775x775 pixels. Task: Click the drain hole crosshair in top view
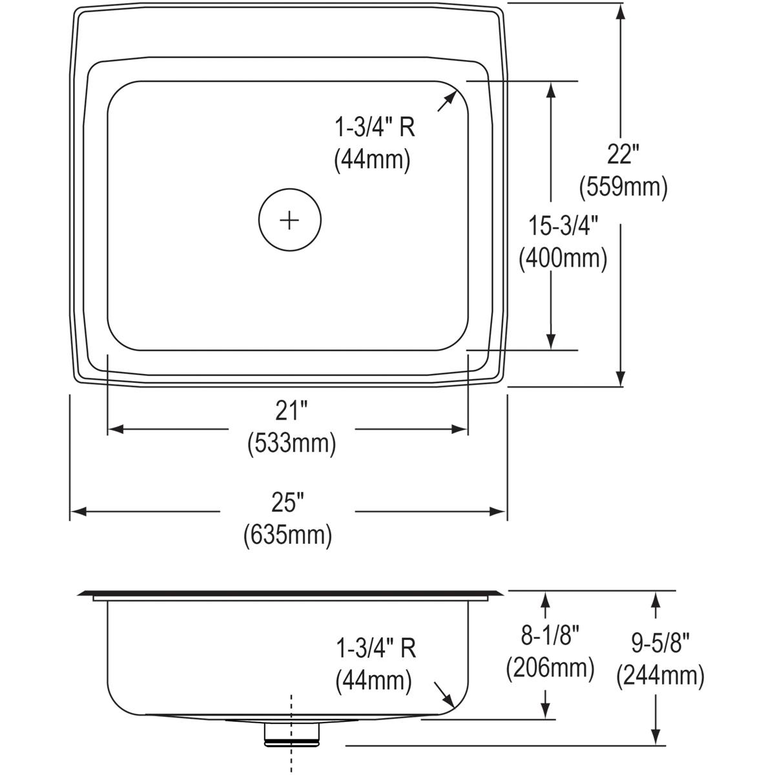coord(289,220)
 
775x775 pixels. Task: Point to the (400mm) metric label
coord(563,258)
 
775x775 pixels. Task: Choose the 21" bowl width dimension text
coord(291,411)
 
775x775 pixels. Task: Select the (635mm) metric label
coord(288,535)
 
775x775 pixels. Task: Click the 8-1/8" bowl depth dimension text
coord(550,637)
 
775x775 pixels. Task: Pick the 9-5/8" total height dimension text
coord(659,644)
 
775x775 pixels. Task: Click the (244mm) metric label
coord(659,676)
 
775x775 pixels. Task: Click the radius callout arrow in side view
coord(444,695)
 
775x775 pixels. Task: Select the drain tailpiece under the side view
coord(292,734)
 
